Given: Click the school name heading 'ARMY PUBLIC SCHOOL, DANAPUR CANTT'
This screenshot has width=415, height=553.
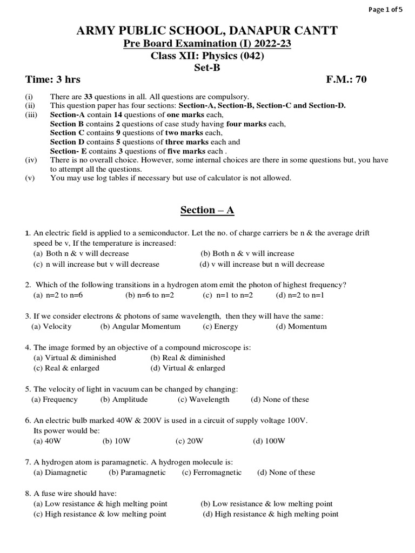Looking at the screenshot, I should point(207,31).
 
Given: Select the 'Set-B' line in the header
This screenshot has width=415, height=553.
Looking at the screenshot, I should point(207,68).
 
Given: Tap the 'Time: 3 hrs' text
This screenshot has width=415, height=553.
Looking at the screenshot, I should point(53,79).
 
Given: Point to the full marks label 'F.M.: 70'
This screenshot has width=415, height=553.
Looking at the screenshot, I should point(346,79).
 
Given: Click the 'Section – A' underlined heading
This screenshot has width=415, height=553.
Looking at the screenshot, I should point(207,210).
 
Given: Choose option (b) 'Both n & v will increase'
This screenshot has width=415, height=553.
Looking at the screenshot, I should point(247,253).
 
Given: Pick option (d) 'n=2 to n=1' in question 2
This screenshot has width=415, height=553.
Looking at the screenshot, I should point(299,295).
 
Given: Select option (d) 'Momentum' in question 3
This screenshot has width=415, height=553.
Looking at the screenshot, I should point(301,326).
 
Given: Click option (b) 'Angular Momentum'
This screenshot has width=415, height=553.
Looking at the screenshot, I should point(140,326).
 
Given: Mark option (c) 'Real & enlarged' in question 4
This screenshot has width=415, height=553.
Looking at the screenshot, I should point(66,368).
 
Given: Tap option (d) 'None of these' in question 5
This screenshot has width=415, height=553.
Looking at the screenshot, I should point(280,399).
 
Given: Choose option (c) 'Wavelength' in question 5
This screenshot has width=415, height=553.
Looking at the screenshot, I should point(203,399).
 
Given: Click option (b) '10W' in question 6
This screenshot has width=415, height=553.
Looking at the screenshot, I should point(117,441).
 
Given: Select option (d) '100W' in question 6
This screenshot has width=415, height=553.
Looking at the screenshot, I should point(269,441).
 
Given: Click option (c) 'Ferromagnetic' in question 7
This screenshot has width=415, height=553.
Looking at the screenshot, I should point(212,472).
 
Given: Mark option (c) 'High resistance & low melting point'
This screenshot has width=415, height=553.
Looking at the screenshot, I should point(100,514).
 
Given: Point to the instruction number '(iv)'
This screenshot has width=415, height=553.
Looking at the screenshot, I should point(31,160).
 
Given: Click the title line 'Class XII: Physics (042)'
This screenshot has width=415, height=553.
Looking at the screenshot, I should point(207,56).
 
